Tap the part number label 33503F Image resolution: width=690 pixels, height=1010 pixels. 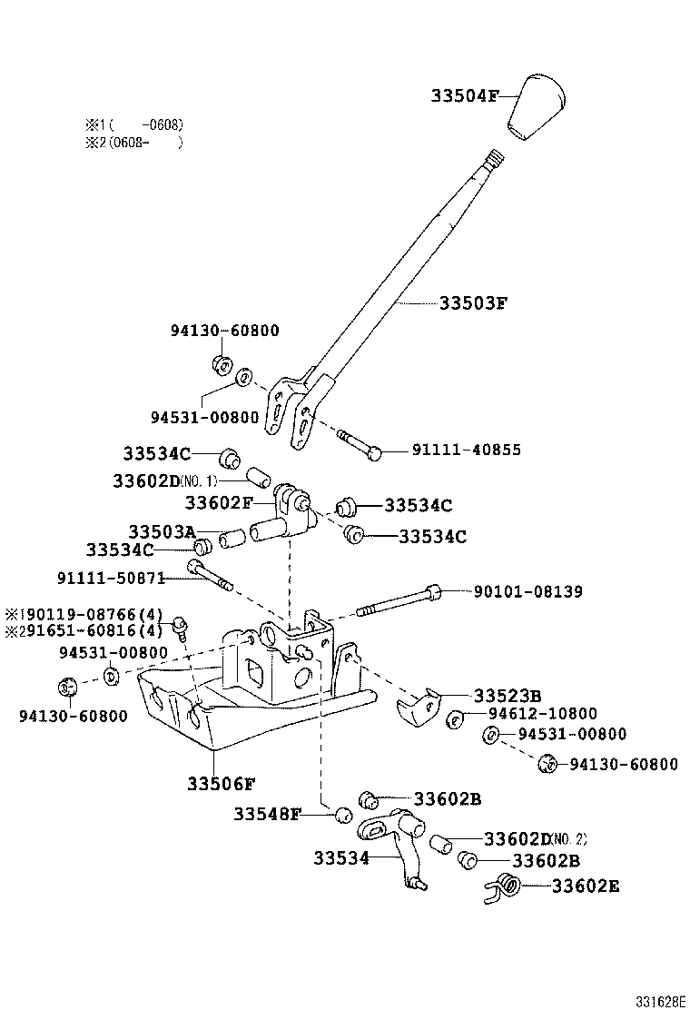[x=472, y=303]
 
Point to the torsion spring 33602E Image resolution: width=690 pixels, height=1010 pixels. [x=503, y=887]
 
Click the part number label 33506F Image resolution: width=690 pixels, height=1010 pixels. [x=222, y=783]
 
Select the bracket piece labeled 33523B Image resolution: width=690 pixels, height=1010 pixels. [x=418, y=708]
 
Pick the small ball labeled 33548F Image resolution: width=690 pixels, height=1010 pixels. [x=343, y=813]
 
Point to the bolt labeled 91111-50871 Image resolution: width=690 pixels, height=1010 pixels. [x=211, y=577]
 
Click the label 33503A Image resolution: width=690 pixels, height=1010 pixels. [x=161, y=531]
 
